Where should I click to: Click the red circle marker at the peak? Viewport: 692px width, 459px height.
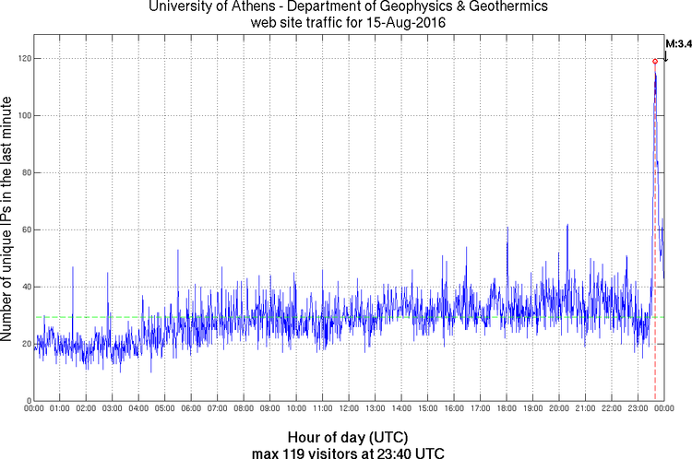[x=655, y=62]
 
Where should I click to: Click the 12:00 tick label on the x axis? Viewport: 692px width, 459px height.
[x=349, y=407]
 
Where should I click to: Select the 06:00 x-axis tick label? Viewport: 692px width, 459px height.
[x=191, y=407]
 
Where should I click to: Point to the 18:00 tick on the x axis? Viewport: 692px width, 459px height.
[x=507, y=407]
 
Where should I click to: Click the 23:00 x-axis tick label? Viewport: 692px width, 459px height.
[x=638, y=407]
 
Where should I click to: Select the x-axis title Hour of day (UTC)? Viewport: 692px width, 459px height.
[x=348, y=436]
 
